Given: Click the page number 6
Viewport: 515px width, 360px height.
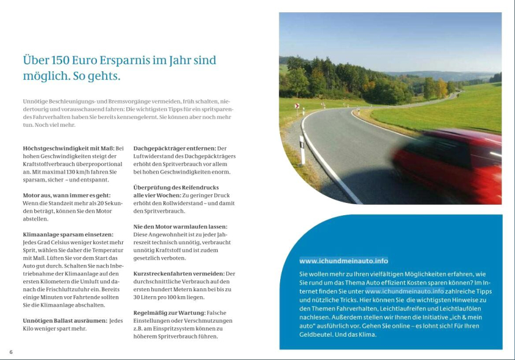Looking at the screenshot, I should [x=10, y=351].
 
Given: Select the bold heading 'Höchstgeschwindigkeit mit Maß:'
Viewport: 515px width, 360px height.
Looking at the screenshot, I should [x=68, y=148].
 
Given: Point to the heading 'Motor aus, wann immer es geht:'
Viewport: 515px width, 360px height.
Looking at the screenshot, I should [x=66, y=194].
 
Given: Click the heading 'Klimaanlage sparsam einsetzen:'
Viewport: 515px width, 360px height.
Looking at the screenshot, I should [x=67, y=234].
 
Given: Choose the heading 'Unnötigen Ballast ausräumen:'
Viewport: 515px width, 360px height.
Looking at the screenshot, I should [x=64, y=321].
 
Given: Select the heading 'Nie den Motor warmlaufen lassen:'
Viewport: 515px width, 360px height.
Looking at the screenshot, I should [x=180, y=226].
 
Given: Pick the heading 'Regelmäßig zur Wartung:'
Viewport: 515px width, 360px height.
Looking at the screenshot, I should [x=169, y=313].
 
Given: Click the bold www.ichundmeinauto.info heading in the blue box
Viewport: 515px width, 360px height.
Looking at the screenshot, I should [x=343, y=261].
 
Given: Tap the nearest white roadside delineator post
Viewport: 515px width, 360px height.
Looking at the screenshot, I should [x=302, y=150].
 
